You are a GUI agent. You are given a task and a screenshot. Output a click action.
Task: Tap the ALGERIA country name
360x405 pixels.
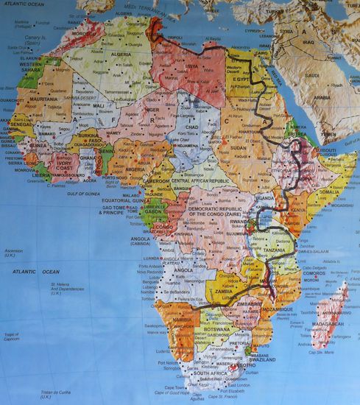tap(121, 54)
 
